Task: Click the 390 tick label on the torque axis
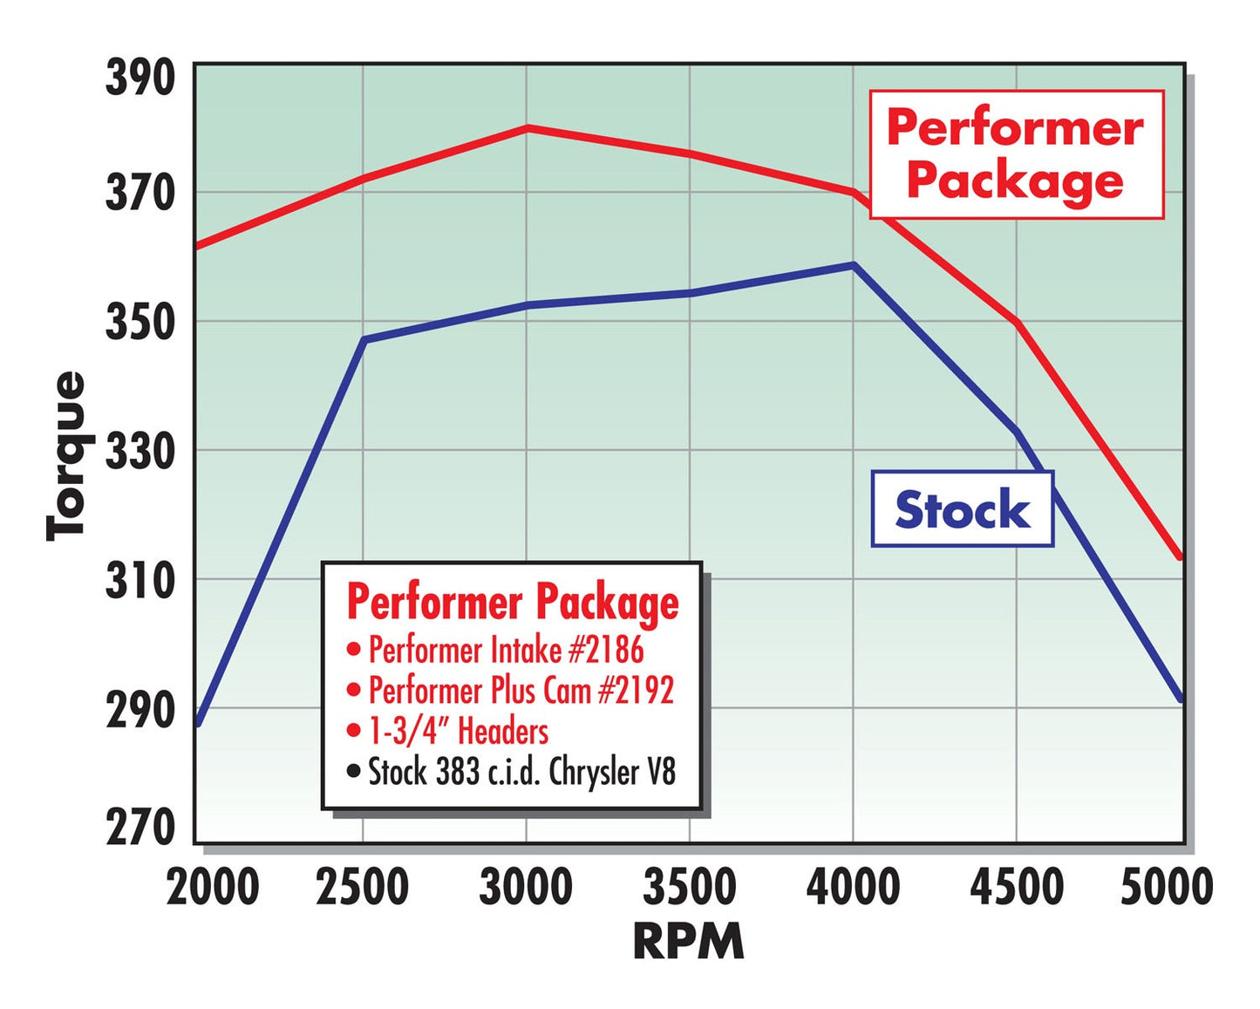pos(140,78)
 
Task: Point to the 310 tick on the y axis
pos(140,580)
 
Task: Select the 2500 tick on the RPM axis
pos(362,887)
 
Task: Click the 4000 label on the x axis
pos(853,887)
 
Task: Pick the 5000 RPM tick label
pos(1166,887)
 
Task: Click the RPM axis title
pos(688,943)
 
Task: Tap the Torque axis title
pos(66,456)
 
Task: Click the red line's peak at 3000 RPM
pos(527,127)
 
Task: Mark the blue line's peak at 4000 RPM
pos(854,264)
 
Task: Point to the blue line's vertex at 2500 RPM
pos(364,339)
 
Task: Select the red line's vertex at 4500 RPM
pos(1017,323)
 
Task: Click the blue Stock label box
pos(962,509)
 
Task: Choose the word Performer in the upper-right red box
pos(1015,128)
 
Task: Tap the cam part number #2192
pos(636,690)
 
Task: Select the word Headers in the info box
pos(503,731)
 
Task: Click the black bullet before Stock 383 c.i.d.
pos(353,771)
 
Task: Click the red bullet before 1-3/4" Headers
pos(353,731)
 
